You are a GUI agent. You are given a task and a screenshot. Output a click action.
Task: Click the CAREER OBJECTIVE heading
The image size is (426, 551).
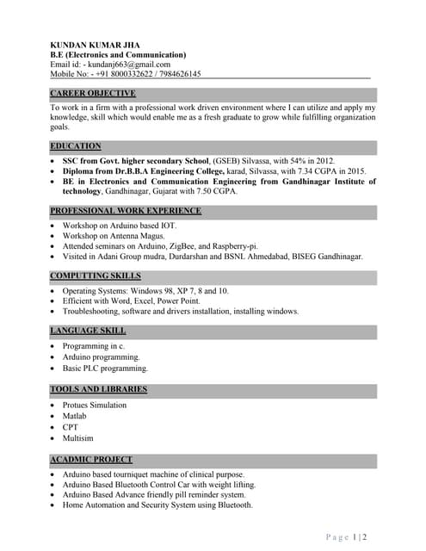pos(93,93)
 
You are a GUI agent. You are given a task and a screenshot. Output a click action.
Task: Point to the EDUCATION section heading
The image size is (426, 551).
pos(76,146)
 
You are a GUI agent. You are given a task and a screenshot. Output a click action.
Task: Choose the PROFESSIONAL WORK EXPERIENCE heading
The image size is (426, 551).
pos(126,211)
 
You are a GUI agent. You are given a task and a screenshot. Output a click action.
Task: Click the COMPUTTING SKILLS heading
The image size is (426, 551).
pos(96,275)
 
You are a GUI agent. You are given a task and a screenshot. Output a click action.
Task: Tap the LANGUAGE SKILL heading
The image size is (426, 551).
pos(88,331)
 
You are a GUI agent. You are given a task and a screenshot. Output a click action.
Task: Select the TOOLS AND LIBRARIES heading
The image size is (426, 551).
pos(99,389)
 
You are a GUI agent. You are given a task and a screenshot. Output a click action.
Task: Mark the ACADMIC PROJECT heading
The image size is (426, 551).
pos(91,460)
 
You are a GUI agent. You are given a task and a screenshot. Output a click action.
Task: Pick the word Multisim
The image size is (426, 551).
pos(78,438)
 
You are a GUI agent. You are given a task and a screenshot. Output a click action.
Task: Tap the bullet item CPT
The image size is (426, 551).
pos(71,427)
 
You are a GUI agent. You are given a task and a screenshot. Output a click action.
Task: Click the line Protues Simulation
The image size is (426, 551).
pos(94,405)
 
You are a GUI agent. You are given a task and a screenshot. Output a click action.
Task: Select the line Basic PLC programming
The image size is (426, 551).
pos(105,368)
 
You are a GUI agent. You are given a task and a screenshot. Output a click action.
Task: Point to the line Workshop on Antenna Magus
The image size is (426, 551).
pos(113,235)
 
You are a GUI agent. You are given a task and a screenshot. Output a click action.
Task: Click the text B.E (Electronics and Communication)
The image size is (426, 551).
pos(118,54)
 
